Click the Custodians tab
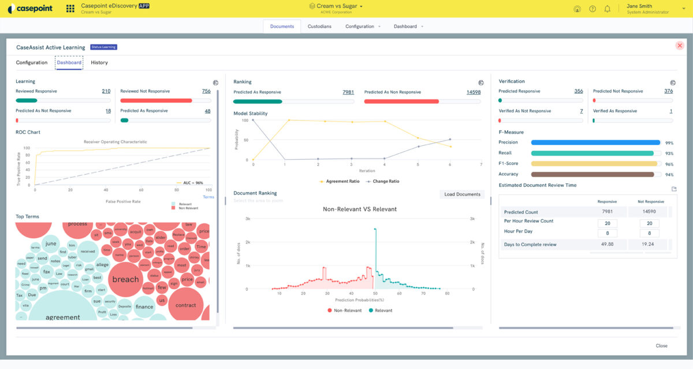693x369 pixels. pos(319,26)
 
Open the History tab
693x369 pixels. pos(99,62)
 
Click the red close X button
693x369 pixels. pos(680,46)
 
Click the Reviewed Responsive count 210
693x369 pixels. pos(106,91)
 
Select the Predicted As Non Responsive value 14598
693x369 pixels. pos(474,92)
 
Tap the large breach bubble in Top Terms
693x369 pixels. pos(125,279)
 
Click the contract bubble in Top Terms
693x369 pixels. pos(185,305)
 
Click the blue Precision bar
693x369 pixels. pos(595,142)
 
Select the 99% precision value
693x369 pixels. pos(669,143)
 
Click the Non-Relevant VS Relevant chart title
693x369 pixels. pos(359,209)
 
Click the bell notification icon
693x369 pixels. pos(607,9)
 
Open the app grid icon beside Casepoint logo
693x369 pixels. pos(70,9)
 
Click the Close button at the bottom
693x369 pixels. pos(661,346)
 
